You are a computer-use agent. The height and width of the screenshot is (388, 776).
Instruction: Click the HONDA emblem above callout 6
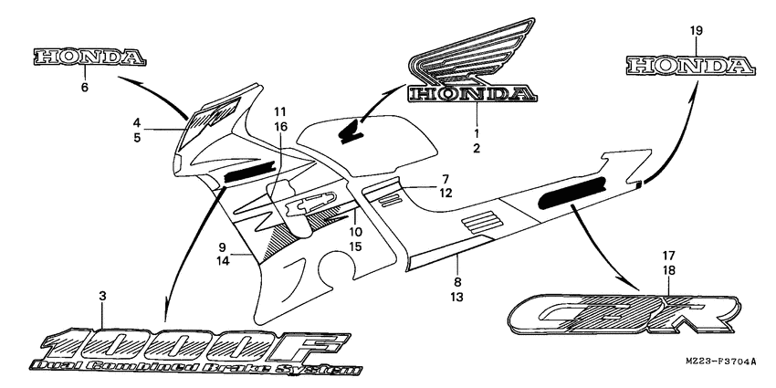click(89, 57)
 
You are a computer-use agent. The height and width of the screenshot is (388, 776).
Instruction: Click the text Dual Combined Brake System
click(196, 369)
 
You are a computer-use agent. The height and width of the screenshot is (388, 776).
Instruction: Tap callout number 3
click(102, 296)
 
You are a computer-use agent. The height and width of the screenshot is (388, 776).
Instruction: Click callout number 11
click(278, 111)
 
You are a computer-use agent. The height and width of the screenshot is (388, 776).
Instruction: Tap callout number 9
click(221, 247)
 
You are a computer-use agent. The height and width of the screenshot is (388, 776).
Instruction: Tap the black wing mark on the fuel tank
click(349, 132)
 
